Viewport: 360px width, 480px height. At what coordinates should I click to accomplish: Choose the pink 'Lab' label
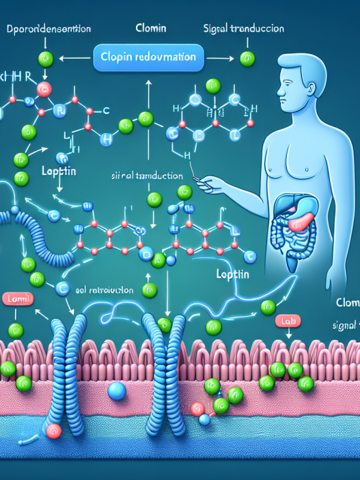286,319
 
